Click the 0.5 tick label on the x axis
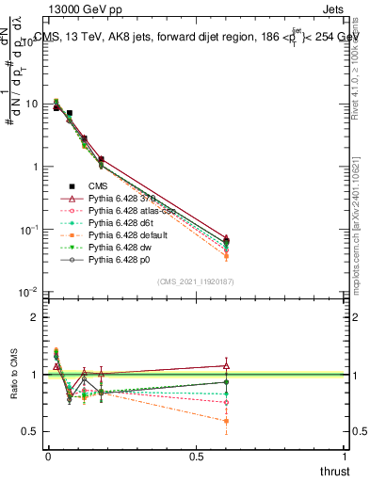[x=196, y=456]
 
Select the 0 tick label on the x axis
[x=48, y=456]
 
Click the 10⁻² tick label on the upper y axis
[x=28, y=293]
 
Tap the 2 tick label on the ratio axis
[x=35, y=317]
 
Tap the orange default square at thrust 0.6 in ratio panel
[x=226, y=421]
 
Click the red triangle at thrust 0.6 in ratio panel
[x=226, y=365]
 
